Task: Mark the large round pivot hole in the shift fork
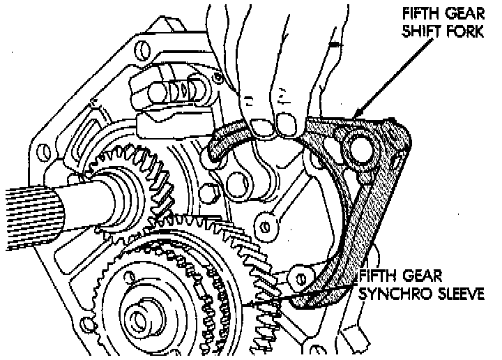(360, 147)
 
